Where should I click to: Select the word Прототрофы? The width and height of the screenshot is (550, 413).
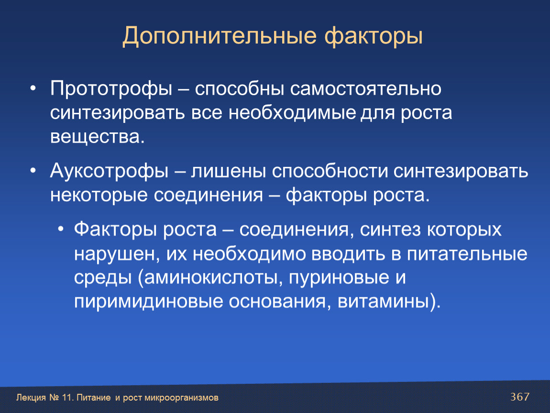pyautogui.click(x=111, y=89)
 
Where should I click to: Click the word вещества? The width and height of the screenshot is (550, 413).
pyautogui.click(x=97, y=137)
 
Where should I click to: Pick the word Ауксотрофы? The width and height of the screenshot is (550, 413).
pyautogui.click(x=109, y=172)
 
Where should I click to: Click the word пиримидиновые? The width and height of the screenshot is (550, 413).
pyautogui.click(x=149, y=302)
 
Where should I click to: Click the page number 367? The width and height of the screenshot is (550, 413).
pyautogui.click(x=520, y=397)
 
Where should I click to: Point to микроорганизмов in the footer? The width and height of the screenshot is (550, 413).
pyautogui.click(x=181, y=398)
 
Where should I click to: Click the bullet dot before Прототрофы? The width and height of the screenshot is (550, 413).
pyautogui.click(x=33, y=88)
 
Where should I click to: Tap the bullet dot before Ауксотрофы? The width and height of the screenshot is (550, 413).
pyautogui.click(x=33, y=171)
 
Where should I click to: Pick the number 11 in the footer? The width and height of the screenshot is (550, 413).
pyautogui.click(x=66, y=398)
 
